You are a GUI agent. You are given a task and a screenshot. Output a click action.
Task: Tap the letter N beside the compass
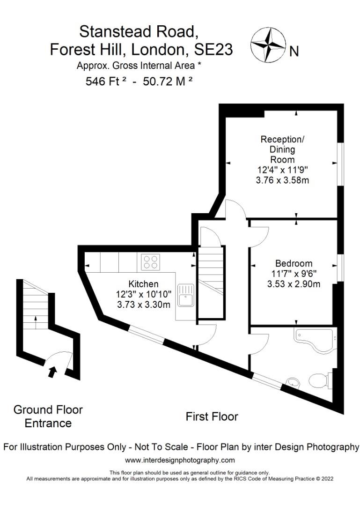pyautogui.click(x=294, y=52)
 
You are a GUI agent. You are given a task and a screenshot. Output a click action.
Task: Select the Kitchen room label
pyautogui.click(x=143, y=284)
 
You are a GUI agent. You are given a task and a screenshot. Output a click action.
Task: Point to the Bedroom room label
pyautogui.click(x=294, y=263)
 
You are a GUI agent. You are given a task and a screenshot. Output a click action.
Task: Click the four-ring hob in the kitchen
pyautogui.click(x=150, y=262)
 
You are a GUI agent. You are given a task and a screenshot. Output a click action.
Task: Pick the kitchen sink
pyautogui.click(x=186, y=294)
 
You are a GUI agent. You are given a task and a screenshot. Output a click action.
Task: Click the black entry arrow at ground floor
pyautogui.click(x=53, y=372)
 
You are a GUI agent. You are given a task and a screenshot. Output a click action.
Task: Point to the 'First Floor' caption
pyautogui.click(x=212, y=416)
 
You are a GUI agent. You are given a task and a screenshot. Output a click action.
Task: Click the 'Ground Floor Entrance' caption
pyautogui.click(x=48, y=417)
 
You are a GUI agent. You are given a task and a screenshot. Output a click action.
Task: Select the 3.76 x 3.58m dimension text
pyautogui.click(x=282, y=180)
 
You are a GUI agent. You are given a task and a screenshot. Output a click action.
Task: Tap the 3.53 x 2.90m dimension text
pyautogui.click(x=294, y=284)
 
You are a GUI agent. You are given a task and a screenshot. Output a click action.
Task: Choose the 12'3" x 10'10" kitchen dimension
pyautogui.click(x=143, y=294)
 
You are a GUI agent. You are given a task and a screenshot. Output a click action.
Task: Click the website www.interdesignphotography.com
pyautogui.click(x=180, y=460)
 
